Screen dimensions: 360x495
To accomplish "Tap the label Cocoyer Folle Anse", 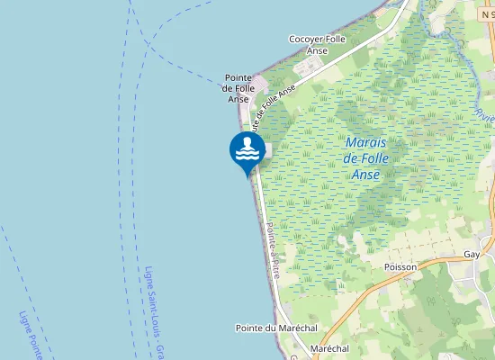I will (x=317, y=45).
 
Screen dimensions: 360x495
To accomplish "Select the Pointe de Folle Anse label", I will (x=238, y=88).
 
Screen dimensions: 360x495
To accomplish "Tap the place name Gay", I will (x=472, y=255).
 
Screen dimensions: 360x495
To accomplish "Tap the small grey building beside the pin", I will (x=265, y=151).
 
